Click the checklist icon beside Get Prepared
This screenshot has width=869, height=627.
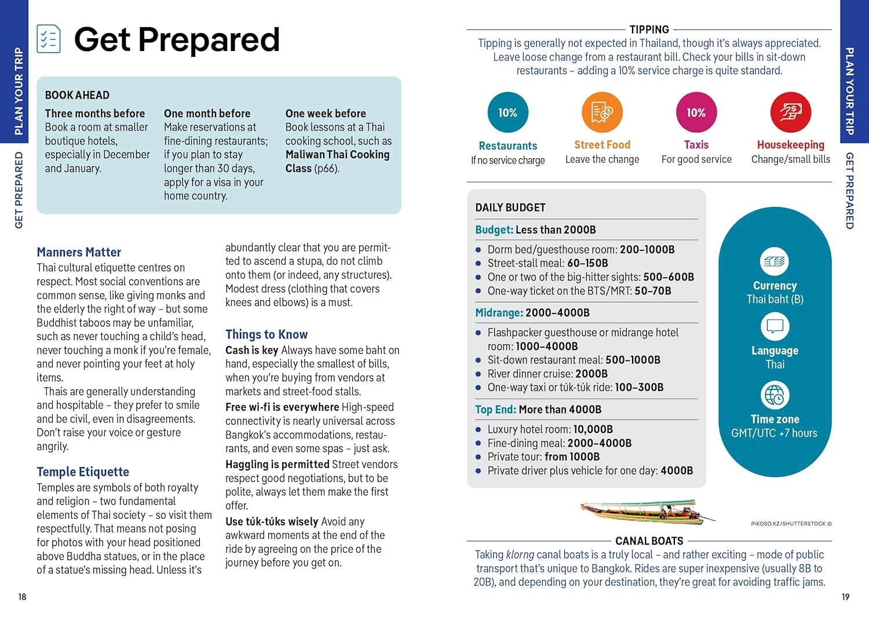tap(49, 39)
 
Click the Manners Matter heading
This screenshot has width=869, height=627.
tap(79, 252)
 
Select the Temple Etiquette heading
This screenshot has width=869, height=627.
tap(83, 472)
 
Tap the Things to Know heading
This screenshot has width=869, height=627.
tap(266, 334)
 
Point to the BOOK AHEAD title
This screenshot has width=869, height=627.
tap(77, 95)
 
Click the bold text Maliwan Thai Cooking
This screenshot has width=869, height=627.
tap(337, 155)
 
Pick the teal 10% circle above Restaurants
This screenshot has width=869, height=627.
tap(508, 112)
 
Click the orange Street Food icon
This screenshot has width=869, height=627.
tap(602, 112)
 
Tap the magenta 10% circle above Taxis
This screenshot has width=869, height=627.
tap(696, 112)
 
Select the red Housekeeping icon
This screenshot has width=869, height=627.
tap(790, 112)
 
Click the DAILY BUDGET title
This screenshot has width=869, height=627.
tap(510, 207)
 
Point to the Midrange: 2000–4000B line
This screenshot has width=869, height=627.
tap(532, 313)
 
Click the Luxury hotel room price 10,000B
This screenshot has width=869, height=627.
tap(593, 429)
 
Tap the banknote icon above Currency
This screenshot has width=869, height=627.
tap(775, 261)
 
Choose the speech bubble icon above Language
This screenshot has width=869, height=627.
tap(775, 327)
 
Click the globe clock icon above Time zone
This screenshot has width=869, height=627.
tap(775, 395)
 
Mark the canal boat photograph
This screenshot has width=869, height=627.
tap(646, 510)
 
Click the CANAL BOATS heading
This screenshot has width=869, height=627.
tap(649, 541)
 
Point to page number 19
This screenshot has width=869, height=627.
tap(845, 597)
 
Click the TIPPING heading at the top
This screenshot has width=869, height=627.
tap(649, 30)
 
